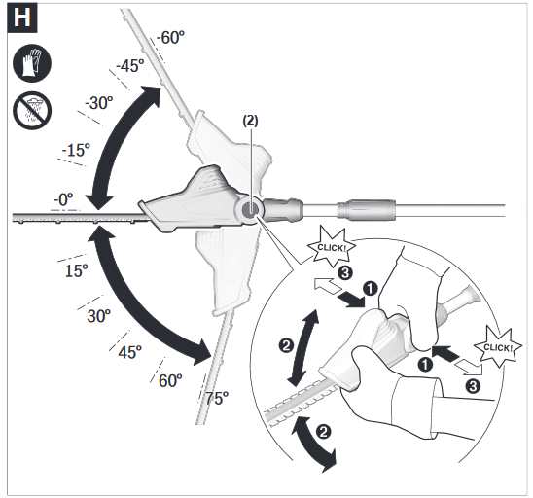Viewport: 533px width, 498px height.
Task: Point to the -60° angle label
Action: [x=170, y=38]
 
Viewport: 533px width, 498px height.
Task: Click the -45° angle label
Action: [x=129, y=66]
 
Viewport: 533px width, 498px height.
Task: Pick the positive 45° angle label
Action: [x=129, y=351]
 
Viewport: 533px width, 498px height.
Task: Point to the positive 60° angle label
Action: [x=169, y=380]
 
